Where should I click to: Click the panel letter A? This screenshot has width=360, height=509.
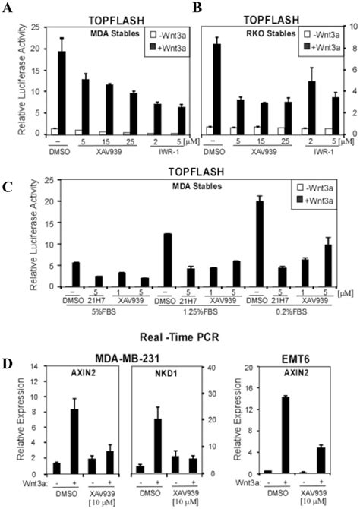[x=8, y=8]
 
